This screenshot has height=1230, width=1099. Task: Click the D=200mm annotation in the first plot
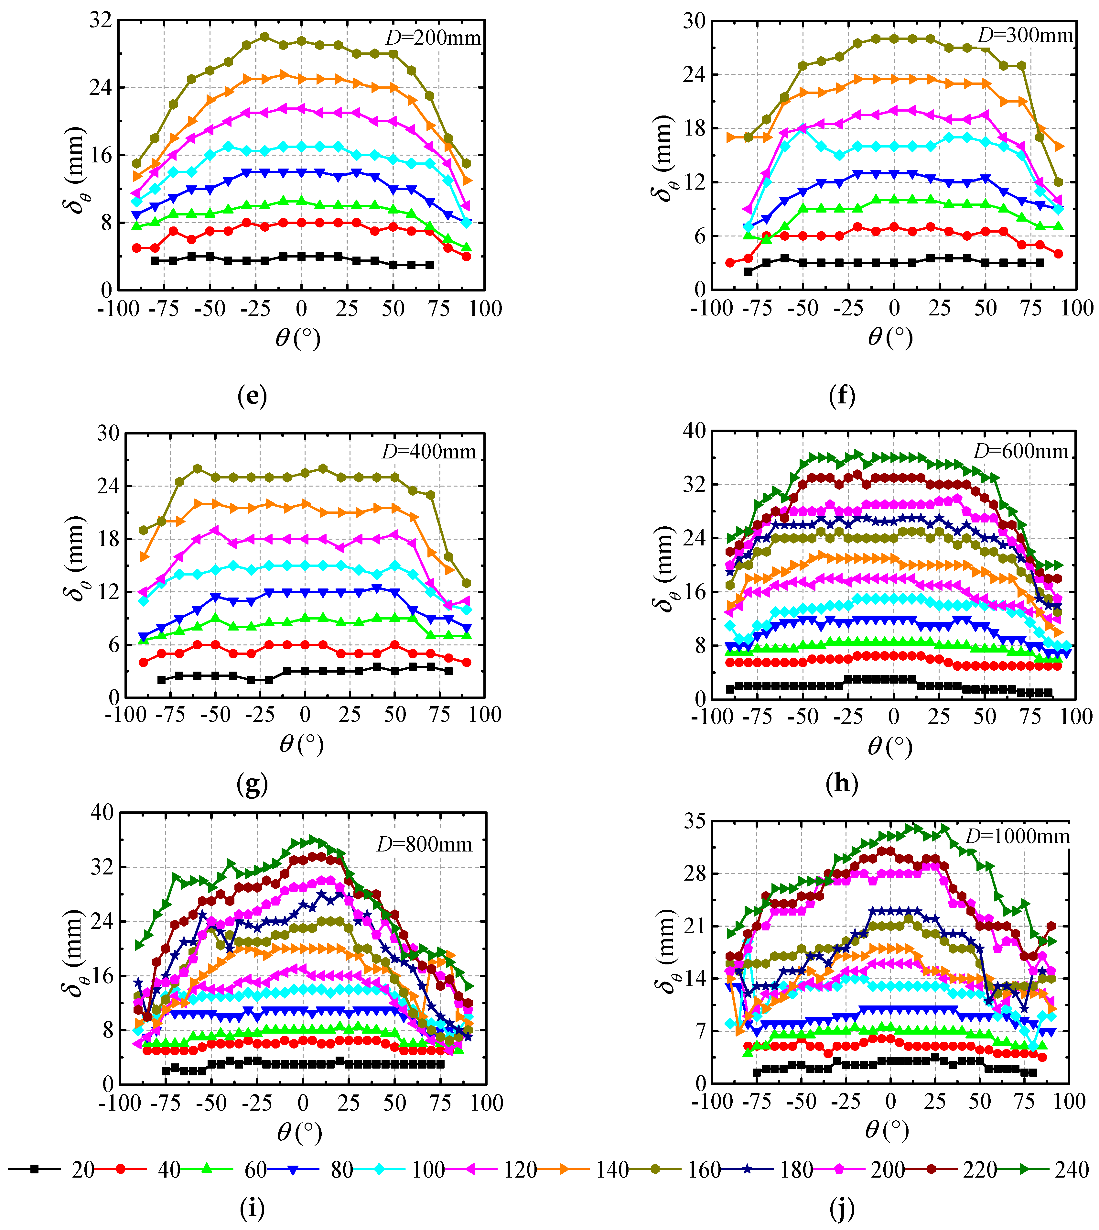433,38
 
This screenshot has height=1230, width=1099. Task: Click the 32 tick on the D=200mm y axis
100,20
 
